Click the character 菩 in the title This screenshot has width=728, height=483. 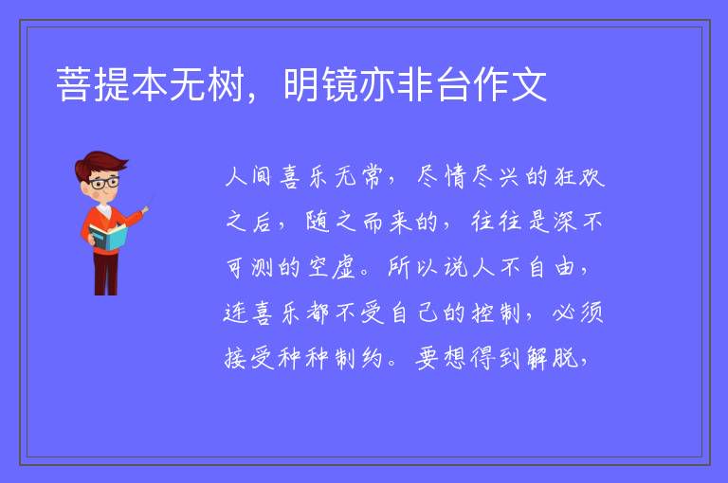click(x=73, y=84)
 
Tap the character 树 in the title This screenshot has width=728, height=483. click(x=226, y=84)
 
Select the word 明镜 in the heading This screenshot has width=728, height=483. click(x=319, y=84)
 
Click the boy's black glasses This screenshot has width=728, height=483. click(x=104, y=183)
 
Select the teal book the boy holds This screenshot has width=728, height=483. click(x=108, y=237)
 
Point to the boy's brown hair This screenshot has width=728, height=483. click(x=100, y=165)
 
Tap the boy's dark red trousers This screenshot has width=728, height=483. click(x=105, y=274)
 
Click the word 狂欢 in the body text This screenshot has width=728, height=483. click(x=579, y=176)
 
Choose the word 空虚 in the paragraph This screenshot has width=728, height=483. click(x=331, y=267)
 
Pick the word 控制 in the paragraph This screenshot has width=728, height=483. click(x=496, y=313)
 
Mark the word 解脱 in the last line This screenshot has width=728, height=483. click(x=552, y=358)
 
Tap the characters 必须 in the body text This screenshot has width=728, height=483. click(x=578, y=313)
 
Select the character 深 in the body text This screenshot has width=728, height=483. click(x=565, y=222)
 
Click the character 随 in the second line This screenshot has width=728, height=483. click(x=318, y=222)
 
